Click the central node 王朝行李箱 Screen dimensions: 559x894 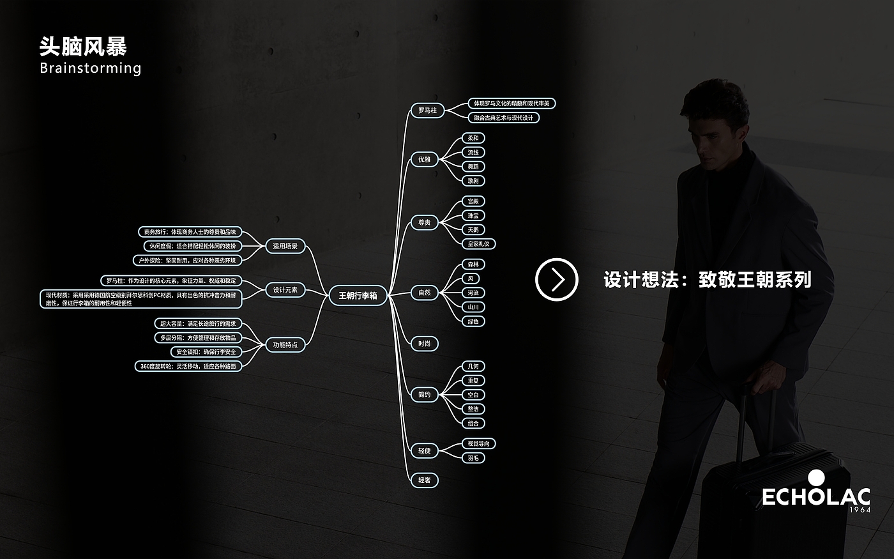tap(358, 296)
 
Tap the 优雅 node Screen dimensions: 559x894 tap(424, 160)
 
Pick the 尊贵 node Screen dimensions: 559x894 tap(424, 223)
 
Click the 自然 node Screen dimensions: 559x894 tap(424, 293)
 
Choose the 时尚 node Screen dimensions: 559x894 tap(424, 344)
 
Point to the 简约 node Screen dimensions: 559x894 tap(424, 395)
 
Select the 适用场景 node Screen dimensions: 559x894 tap(285, 246)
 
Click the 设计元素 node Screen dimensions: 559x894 tap(285, 290)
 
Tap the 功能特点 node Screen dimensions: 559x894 tap(285, 345)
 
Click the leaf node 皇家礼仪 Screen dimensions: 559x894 tap(478, 244)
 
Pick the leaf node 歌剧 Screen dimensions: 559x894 tap(473, 181)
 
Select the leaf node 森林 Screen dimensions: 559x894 tap(473, 264)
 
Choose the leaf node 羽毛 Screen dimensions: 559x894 tap(473, 458)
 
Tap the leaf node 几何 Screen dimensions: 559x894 tap(473, 367)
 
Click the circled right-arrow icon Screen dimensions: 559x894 tap(556, 279)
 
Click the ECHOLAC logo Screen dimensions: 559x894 tap(816, 494)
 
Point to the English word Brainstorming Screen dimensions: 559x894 tap(90, 68)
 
